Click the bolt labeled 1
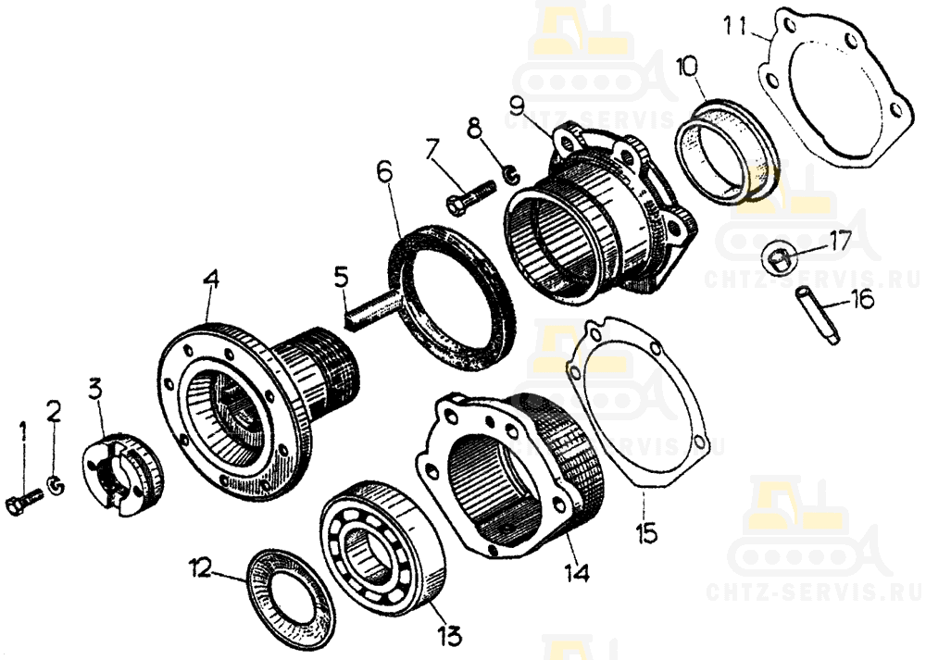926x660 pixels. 23,502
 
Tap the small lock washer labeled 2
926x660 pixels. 57,485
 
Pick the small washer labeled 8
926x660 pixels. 511,174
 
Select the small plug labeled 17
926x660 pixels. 777,259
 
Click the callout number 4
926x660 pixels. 211,280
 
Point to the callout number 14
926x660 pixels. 575,572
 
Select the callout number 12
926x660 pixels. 200,569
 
